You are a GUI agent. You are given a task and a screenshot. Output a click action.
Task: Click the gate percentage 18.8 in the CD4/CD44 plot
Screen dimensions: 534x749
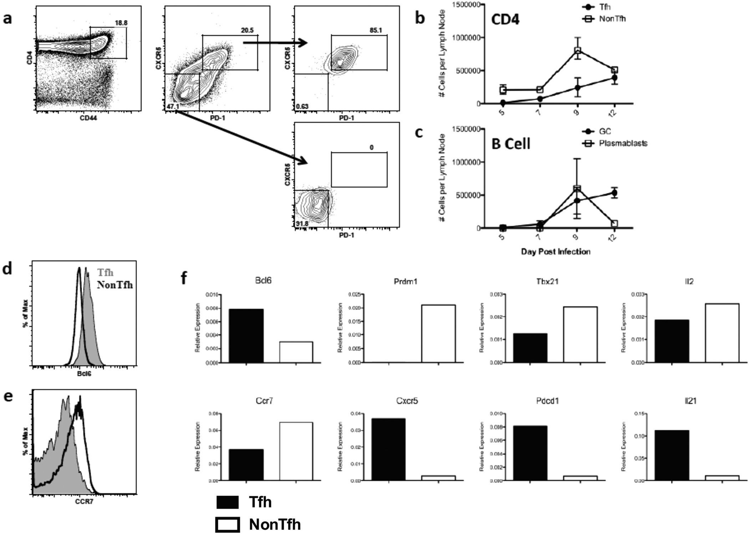(121, 23)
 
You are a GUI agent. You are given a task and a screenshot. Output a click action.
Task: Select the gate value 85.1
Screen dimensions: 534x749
(376, 30)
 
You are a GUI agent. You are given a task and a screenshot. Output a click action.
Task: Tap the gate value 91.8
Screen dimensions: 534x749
(302, 224)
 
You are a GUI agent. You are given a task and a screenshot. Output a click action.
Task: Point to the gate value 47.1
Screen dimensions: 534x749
(172, 106)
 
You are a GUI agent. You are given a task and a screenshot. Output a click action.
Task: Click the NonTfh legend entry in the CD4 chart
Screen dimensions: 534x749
(612, 19)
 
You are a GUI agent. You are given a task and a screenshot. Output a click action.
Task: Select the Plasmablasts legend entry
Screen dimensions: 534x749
(623, 143)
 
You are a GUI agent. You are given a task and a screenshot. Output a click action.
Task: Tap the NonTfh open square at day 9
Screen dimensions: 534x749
(577, 51)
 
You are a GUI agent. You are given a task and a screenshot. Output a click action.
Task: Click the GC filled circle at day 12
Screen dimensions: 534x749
(614, 193)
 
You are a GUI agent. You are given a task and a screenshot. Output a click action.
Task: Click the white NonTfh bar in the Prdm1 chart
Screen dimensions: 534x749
(438, 333)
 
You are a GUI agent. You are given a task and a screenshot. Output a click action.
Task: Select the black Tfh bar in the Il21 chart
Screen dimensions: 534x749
(672, 455)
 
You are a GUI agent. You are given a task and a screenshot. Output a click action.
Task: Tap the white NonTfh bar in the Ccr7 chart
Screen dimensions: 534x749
(296, 451)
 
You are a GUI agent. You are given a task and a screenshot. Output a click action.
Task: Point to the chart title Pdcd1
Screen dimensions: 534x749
(547, 401)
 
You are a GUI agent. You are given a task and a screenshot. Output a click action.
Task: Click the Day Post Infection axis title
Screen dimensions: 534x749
(555, 252)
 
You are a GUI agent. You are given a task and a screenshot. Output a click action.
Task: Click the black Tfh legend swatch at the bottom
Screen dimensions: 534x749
(228, 502)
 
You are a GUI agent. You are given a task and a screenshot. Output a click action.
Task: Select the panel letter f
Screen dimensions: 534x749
(184, 277)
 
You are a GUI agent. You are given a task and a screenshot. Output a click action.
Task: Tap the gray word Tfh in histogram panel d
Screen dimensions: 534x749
(105, 273)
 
